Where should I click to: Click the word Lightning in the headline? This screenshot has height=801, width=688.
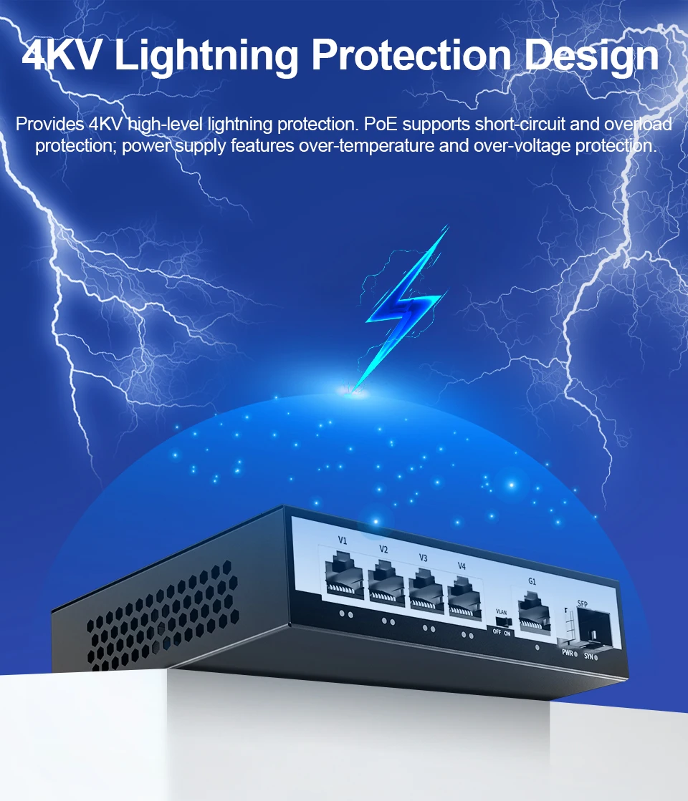[x=206, y=57]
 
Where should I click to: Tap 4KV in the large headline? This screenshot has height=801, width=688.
[x=62, y=54]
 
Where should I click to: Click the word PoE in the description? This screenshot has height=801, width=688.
[x=381, y=124]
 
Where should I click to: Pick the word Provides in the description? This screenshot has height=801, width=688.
[x=49, y=124]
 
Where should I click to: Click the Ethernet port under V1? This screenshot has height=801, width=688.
[x=345, y=576]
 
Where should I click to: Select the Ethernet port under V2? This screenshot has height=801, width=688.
[x=386, y=583]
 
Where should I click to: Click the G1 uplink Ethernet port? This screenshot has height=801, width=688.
[x=534, y=613]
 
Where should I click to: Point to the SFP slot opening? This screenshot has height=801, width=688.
[x=593, y=629]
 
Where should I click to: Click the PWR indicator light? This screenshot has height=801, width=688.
[x=575, y=654]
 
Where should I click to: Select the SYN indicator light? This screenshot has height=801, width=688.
[x=596, y=657]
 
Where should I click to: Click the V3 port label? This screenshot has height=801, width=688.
[x=423, y=558]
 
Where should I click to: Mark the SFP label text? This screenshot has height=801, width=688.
[x=582, y=604]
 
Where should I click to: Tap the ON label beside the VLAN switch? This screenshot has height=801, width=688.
[x=507, y=633]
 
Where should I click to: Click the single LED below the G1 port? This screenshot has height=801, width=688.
[x=537, y=647]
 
